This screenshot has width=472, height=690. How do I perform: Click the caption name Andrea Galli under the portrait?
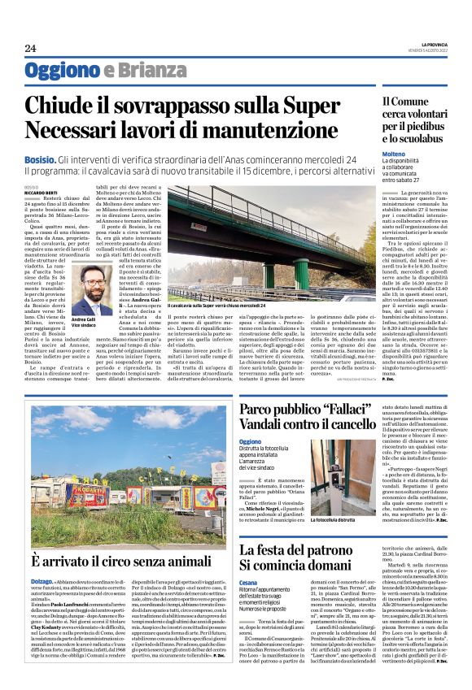[83, 320]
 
